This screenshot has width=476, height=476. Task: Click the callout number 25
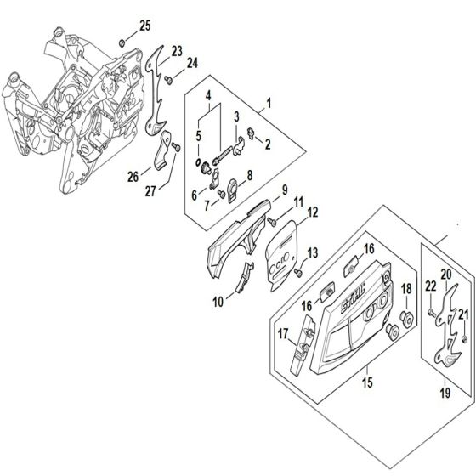click(144, 26)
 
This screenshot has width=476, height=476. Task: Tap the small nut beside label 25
click(123, 42)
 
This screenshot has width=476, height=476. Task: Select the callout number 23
click(177, 51)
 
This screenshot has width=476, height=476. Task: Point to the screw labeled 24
click(169, 79)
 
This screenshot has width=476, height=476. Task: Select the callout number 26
click(133, 176)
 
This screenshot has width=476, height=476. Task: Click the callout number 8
click(249, 176)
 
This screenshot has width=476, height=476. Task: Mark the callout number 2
click(267, 144)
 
